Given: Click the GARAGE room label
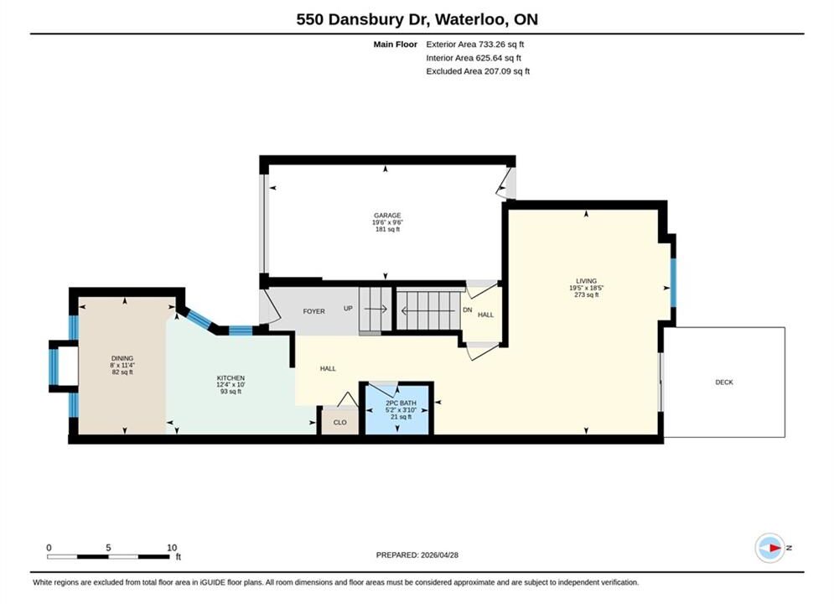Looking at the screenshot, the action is [x=387, y=216].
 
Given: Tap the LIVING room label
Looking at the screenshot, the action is [x=586, y=281].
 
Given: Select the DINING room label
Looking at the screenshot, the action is [x=122, y=358].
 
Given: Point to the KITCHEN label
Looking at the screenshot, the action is [x=231, y=377].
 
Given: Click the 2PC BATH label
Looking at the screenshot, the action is [x=401, y=404].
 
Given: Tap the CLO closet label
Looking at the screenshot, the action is [x=339, y=423].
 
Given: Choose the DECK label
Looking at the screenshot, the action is [x=724, y=382].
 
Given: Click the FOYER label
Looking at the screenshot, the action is [x=313, y=311].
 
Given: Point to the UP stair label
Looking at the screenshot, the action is [x=348, y=309].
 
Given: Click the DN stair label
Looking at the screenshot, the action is [x=468, y=310].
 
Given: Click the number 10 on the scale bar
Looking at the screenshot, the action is [x=172, y=548].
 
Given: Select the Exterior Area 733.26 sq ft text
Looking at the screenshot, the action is [x=475, y=44].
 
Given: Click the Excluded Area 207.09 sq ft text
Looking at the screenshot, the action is [x=478, y=70].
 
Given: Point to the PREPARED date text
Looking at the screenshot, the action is [x=417, y=555].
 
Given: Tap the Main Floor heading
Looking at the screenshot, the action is [x=395, y=44].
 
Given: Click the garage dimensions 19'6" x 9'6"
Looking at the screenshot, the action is [x=387, y=222].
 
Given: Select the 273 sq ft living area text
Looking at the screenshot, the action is [x=586, y=294].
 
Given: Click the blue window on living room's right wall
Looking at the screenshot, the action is [x=673, y=283].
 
